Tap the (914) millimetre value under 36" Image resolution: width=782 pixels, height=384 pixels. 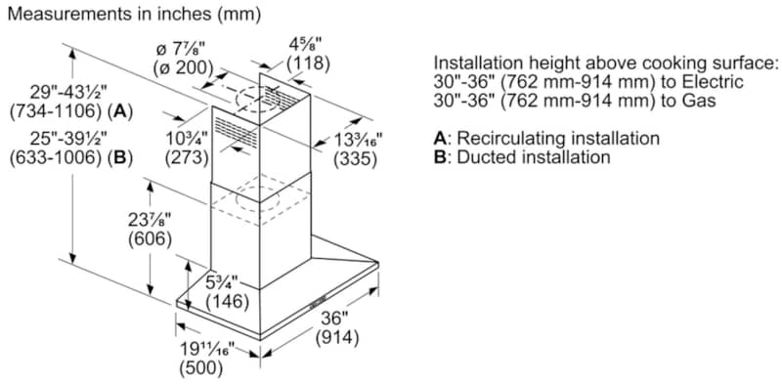[x=336, y=338]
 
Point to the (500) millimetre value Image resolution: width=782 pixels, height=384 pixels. [x=200, y=368]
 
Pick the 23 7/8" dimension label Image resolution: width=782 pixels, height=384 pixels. [x=150, y=220]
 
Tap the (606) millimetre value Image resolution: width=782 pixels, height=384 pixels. [x=150, y=239]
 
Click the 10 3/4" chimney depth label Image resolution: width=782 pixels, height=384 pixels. [x=187, y=137]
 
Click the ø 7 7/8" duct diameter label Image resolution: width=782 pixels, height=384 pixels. [x=181, y=50]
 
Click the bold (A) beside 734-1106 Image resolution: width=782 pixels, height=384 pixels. [x=122, y=112]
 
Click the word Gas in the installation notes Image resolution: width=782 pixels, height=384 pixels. [x=699, y=101]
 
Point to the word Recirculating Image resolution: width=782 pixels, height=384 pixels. [x=514, y=139]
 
